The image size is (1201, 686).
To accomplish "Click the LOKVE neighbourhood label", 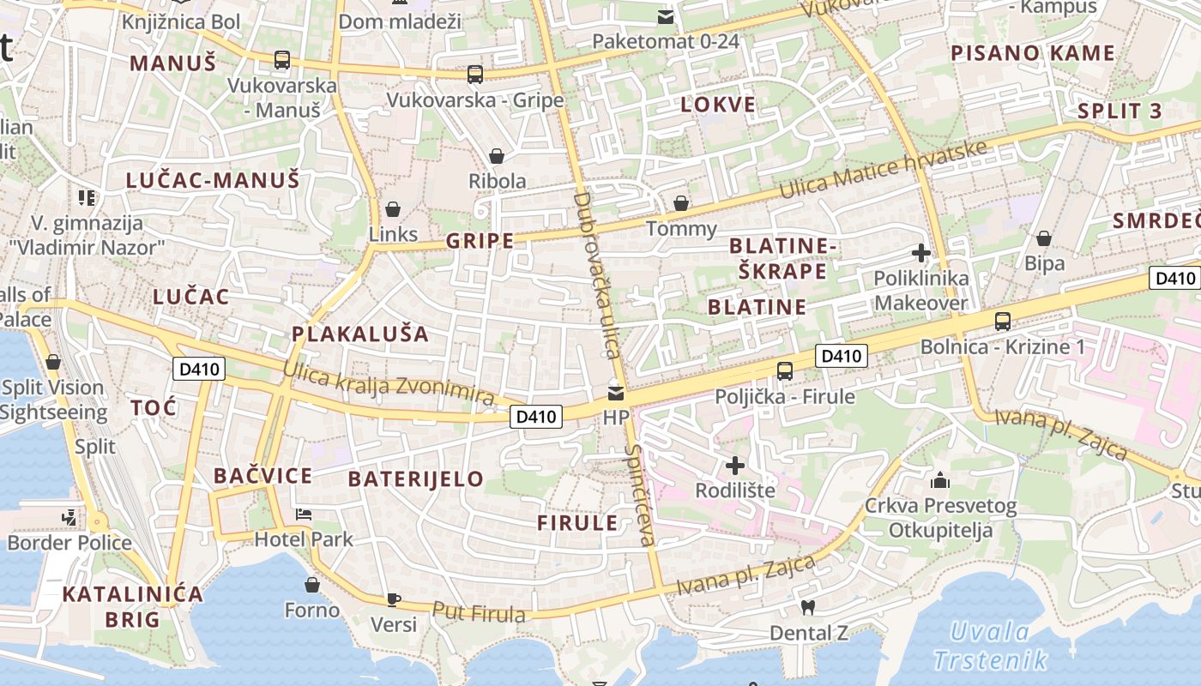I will tap(718, 105).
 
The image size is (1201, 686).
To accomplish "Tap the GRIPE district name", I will tap(480, 241).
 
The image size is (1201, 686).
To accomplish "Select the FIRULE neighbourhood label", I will tap(577, 523).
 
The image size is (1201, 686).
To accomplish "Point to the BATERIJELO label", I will tap(416, 478).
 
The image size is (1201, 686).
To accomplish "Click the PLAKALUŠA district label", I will tap(359, 334).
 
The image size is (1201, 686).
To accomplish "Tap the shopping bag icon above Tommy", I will tap(681, 204).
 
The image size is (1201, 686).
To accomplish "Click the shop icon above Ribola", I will tap(496, 156).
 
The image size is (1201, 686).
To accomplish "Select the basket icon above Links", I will tap(393, 209).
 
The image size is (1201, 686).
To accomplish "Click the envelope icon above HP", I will tap(616, 394).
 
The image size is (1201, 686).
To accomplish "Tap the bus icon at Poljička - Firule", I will tap(784, 371).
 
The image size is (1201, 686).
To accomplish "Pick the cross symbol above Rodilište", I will tap(735, 466).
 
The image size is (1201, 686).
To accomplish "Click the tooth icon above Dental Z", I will tap(806, 608).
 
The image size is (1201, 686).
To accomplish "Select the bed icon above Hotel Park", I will tap(303, 514).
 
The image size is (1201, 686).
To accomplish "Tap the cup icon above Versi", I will tap(393, 599).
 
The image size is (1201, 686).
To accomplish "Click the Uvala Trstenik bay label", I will tap(991, 647).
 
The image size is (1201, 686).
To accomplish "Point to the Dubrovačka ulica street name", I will tap(596, 274).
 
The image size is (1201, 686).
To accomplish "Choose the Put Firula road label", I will tap(479, 612).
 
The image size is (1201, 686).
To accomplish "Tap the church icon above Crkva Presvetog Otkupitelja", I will tap(940, 480).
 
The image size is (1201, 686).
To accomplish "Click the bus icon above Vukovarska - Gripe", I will tap(475, 75).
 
